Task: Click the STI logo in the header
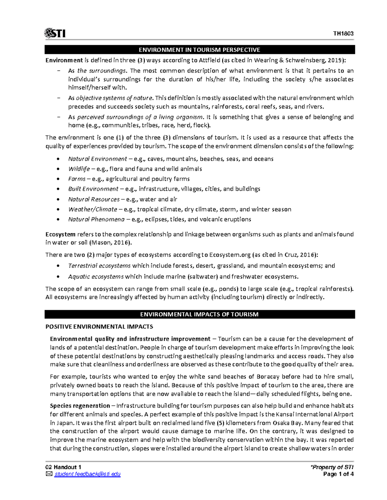(x=55, y=33)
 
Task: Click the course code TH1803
(x=343, y=34)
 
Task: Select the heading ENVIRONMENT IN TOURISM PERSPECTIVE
(x=199, y=50)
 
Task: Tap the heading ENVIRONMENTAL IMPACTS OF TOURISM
(x=199, y=314)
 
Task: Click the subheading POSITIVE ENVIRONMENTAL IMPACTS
(x=99, y=327)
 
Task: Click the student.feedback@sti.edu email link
(x=87, y=474)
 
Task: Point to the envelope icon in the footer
(x=49, y=474)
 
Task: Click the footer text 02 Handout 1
(x=64, y=467)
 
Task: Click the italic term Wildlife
(x=79, y=169)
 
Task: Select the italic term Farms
(x=77, y=179)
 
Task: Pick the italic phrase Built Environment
(x=93, y=189)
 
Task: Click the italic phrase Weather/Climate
(x=93, y=209)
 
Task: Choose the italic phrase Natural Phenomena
(x=96, y=220)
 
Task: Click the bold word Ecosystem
(x=60, y=234)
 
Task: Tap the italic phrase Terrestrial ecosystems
(x=99, y=266)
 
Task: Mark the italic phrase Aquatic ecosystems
(x=96, y=277)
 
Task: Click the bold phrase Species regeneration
(x=80, y=406)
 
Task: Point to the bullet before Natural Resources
(x=58, y=200)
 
